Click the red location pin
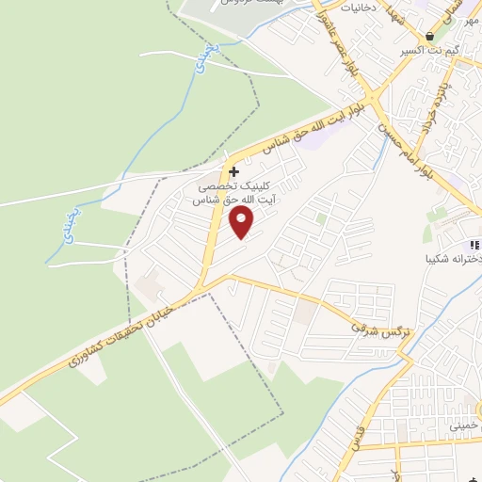point(242,223)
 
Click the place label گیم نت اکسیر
point(429,50)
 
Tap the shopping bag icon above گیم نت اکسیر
point(430,36)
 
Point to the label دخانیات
point(358,8)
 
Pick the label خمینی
point(465,426)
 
